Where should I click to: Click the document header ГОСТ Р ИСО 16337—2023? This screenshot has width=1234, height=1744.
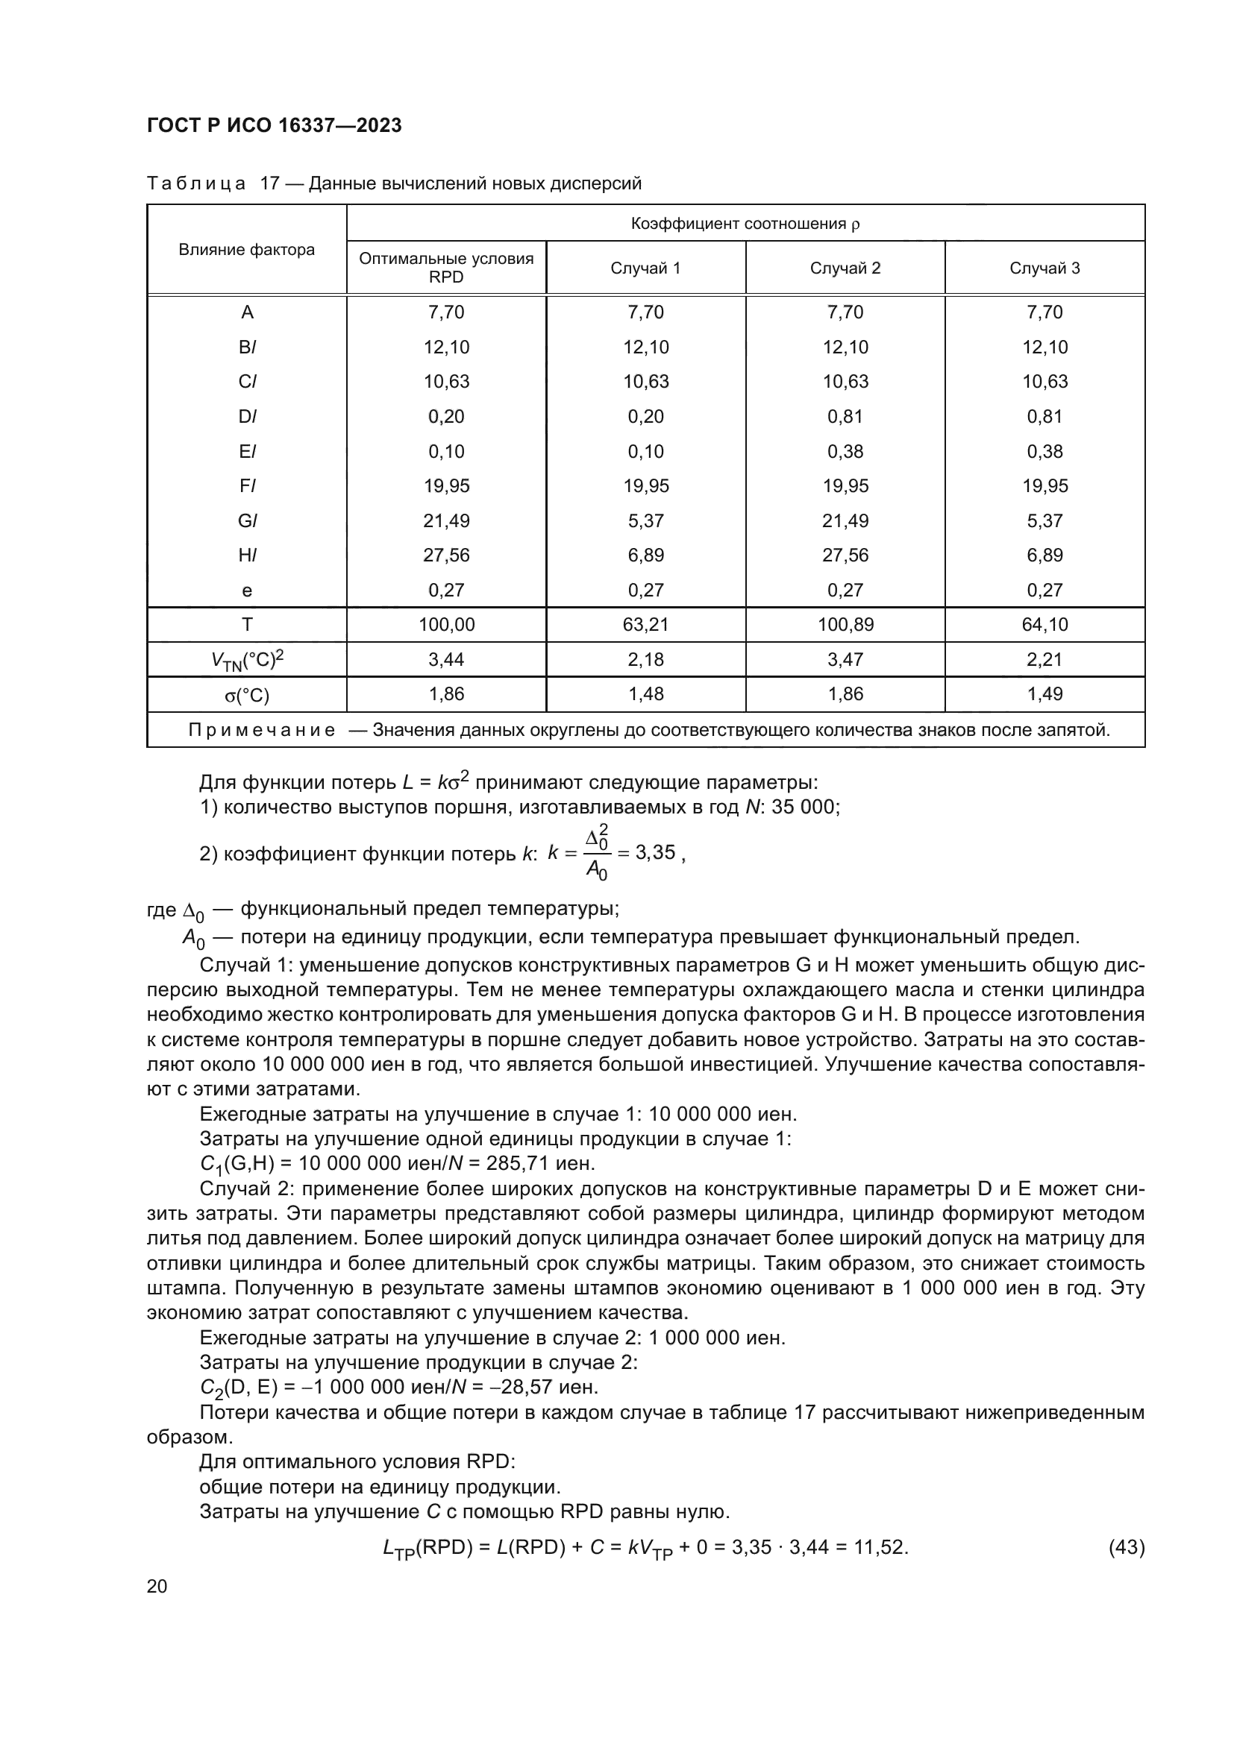click(274, 125)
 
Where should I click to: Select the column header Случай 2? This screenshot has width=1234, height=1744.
click(845, 268)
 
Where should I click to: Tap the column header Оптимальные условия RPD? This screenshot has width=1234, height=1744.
click(446, 268)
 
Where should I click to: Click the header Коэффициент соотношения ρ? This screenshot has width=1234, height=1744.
click(745, 224)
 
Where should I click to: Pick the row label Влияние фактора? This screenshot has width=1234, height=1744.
click(246, 250)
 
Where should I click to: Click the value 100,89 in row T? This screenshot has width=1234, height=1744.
click(845, 624)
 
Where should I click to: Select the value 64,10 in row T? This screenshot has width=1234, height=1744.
click(1044, 624)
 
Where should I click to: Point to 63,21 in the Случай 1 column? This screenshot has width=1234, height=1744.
click(645, 624)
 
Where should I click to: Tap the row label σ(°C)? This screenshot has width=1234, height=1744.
click(246, 695)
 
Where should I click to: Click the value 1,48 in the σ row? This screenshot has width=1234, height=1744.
click(645, 693)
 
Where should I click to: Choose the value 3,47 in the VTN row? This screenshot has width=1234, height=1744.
click(845, 659)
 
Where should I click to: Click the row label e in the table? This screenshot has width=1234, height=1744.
click(246, 591)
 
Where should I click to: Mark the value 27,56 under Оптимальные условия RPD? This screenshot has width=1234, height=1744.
click(446, 555)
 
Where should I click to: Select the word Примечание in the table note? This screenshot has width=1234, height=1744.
click(261, 731)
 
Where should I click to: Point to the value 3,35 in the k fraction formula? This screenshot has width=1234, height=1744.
click(655, 852)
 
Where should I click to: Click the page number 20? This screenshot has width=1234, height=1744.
click(157, 1586)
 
